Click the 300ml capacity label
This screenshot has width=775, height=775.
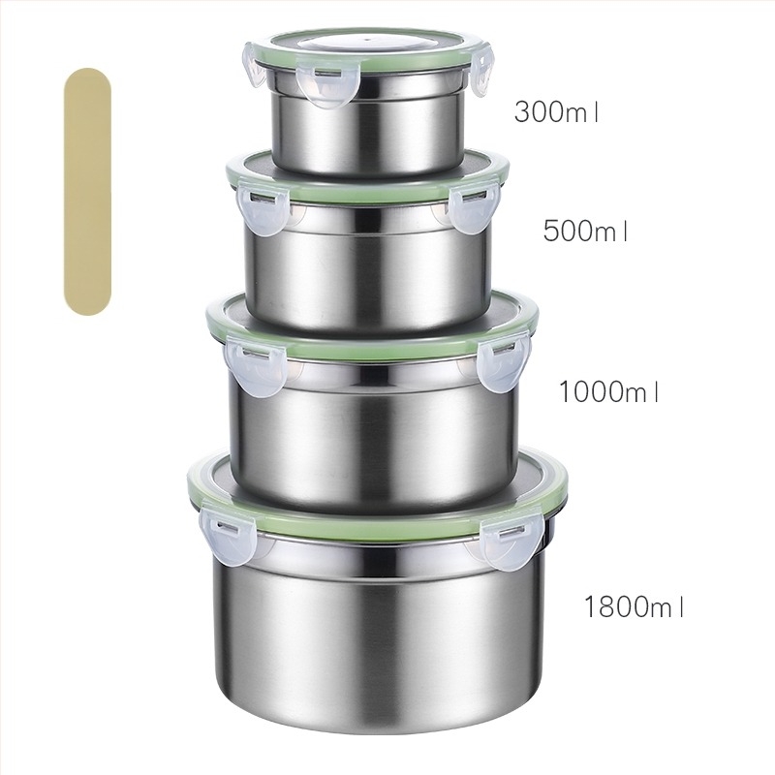556,111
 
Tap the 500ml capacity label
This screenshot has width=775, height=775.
585,231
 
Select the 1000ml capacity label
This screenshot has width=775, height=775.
608,391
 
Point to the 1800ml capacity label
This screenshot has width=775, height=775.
635,606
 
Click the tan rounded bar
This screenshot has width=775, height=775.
87,192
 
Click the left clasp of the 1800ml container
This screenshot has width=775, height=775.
228,536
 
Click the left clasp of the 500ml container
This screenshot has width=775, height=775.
263,207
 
